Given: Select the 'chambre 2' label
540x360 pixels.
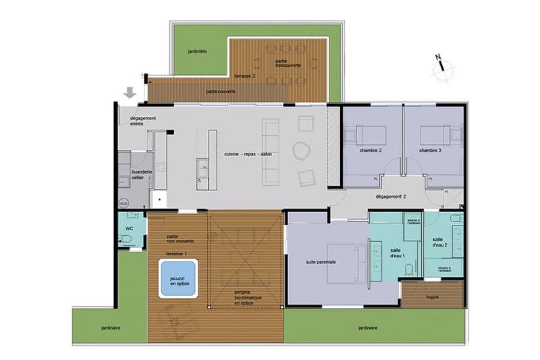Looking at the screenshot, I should pos(371,151).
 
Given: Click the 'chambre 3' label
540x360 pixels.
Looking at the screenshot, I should pos(430,151).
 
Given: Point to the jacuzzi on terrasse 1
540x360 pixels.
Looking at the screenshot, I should pos(178,280).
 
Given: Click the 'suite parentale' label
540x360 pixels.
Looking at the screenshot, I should pos(321,261).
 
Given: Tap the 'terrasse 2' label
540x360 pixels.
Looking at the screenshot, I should pos(244,76).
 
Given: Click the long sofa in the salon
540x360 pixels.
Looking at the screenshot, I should pos(270,151).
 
